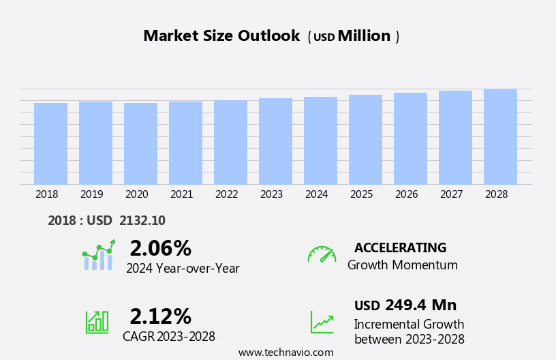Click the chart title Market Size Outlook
point(221,36)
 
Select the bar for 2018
point(50,144)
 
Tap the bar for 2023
point(275,141)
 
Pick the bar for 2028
point(500,136)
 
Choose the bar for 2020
point(140,144)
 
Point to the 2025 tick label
point(361,194)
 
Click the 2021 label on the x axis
point(181,194)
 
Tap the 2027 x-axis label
point(451,194)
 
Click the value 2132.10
point(142,220)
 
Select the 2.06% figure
point(160,248)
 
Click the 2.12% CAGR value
point(160,316)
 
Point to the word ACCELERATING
point(400,247)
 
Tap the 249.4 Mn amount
point(420,305)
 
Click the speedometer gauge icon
point(322,254)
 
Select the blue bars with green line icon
point(98,256)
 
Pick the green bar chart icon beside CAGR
point(97,321)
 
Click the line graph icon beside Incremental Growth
point(322,322)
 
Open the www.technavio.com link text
point(285,352)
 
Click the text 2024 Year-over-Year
point(183,269)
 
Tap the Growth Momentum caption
point(402,265)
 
